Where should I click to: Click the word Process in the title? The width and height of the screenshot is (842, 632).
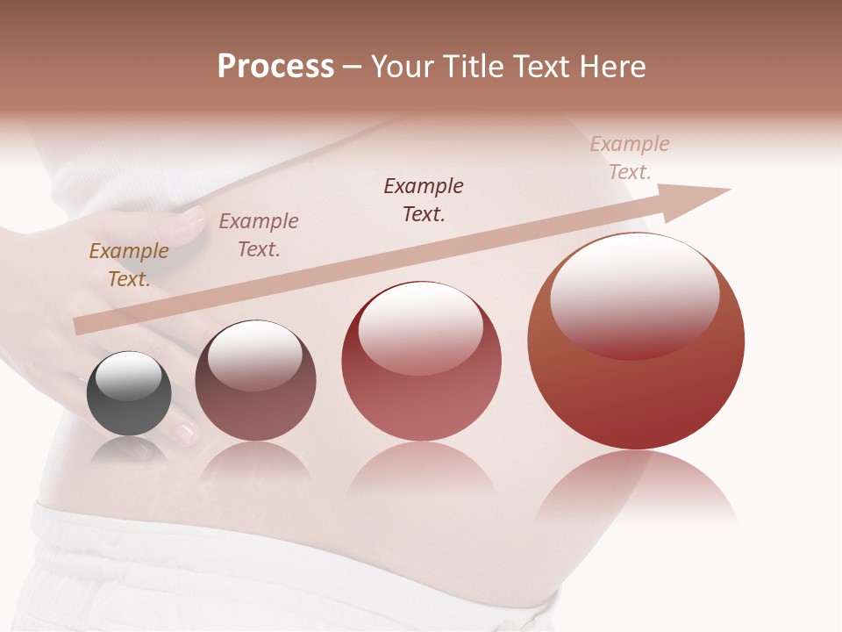(x=275, y=67)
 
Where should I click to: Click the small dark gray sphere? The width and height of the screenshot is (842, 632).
(x=129, y=394)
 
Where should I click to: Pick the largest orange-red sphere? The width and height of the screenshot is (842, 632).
(x=636, y=341)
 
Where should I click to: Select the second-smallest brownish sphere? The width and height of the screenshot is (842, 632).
(x=255, y=381)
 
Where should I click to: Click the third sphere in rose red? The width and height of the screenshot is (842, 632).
(x=422, y=362)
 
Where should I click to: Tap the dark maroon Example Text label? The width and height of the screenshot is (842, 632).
(x=424, y=199)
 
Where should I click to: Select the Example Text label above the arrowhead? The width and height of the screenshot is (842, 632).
(x=630, y=157)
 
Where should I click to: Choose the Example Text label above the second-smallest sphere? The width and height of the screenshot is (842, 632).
(x=259, y=234)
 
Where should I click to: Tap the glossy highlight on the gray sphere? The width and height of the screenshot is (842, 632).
(x=129, y=377)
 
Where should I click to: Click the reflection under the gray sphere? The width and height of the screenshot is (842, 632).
(x=129, y=452)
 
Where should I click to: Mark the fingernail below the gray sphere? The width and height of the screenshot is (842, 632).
(x=185, y=432)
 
